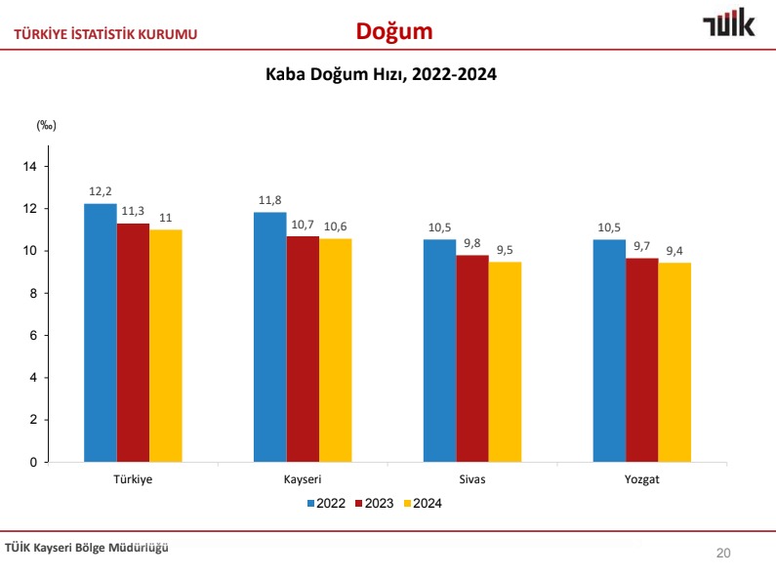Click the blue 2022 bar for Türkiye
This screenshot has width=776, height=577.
[100, 332]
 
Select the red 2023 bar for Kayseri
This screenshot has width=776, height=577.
[303, 349]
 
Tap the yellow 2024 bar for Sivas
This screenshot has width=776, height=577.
[505, 361]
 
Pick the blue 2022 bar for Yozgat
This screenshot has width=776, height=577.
[609, 350]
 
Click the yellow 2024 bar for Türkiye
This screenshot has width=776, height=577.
[166, 346]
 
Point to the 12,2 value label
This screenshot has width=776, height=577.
[100, 191]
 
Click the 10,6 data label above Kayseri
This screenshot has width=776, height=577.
[336, 227]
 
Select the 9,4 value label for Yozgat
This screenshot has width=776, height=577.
[674, 251]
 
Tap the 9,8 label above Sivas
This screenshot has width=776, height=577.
[472, 243]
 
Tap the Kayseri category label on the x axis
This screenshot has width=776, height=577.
[303, 480]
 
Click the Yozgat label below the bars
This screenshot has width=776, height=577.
[641, 480]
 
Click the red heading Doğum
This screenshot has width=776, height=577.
[393, 31]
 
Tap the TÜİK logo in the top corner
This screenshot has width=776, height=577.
[728, 24]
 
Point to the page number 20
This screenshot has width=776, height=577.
[723, 554]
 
